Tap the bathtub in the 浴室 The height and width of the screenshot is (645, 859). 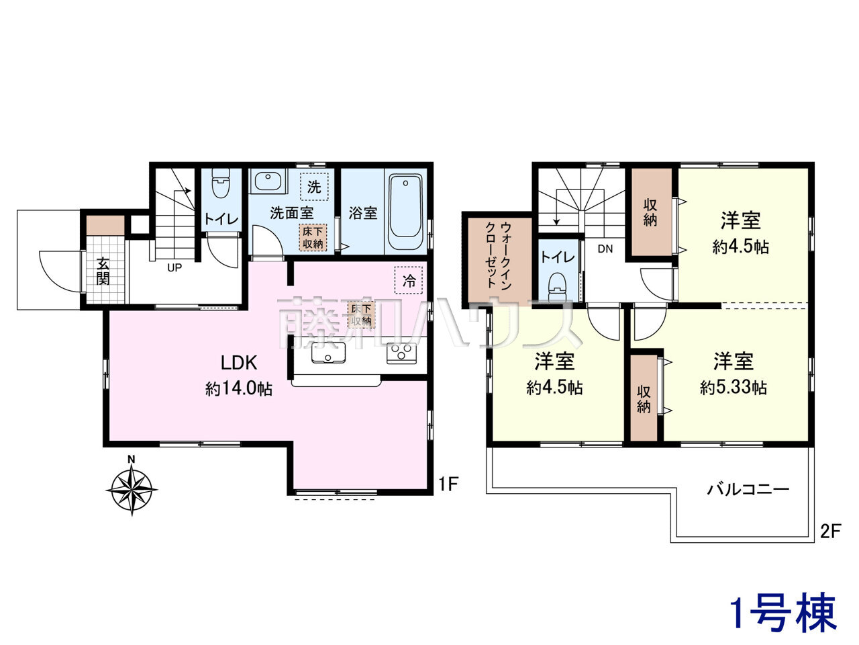405,212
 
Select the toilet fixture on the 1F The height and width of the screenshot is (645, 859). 221,183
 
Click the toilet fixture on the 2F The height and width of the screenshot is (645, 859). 558,287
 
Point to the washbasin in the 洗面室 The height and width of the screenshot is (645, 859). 268,181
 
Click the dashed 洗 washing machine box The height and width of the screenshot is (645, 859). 314,187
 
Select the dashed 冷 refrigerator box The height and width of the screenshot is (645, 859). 409,280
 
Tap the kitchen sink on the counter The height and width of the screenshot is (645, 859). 328,353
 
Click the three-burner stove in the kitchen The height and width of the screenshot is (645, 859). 401,353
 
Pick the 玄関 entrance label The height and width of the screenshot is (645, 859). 103,271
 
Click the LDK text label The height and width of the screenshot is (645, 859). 239,363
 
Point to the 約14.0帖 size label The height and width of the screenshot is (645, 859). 239,388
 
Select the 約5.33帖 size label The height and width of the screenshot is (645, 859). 734,387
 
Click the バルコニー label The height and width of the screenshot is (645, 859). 748,490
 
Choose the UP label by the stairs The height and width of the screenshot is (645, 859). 174,268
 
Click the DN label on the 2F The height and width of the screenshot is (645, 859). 605,249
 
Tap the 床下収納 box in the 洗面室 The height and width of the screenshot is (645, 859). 313,237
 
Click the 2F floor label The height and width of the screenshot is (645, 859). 830,531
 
